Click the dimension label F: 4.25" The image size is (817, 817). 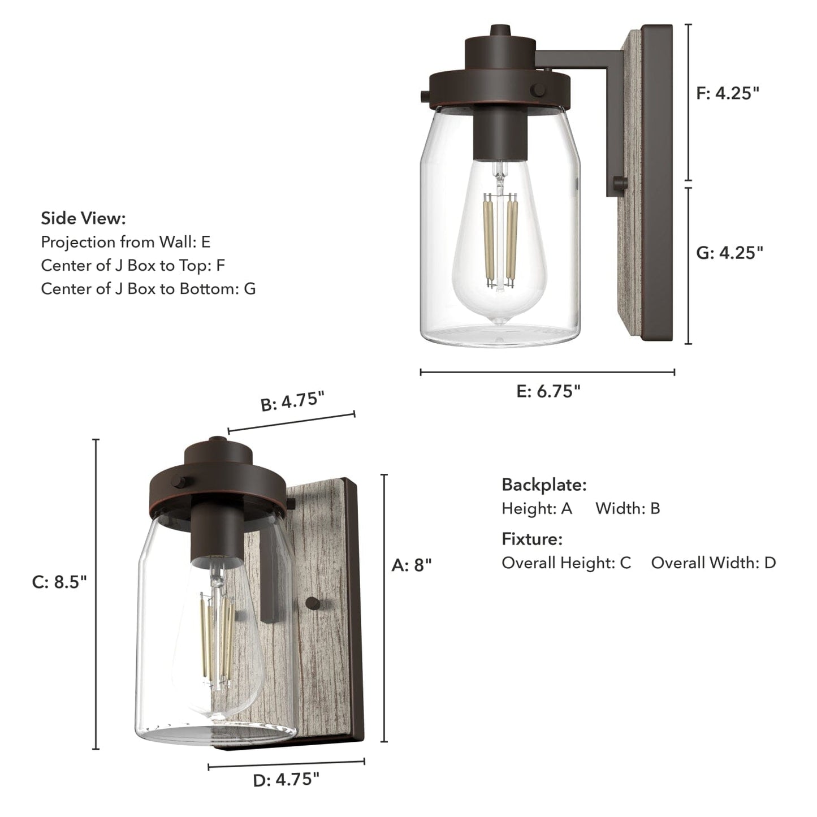click(727, 93)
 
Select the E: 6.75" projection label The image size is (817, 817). click(548, 391)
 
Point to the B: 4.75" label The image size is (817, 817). click(292, 402)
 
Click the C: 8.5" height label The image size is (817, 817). click(59, 582)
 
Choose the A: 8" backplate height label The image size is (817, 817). click(412, 565)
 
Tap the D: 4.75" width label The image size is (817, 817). click(286, 780)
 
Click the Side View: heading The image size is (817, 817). click(83, 218)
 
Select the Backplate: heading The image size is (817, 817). click(544, 485)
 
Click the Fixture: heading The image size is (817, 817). click(532, 539)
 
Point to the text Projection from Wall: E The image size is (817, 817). click(126, 242)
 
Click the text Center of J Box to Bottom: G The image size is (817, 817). click(148, 289)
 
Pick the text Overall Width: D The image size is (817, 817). click(714, 563)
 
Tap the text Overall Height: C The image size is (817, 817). click(566, 563)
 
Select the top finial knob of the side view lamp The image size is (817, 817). click(499, 31)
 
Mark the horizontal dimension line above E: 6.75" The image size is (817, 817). click(547, 372)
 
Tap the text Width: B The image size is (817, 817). click(628, 508)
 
